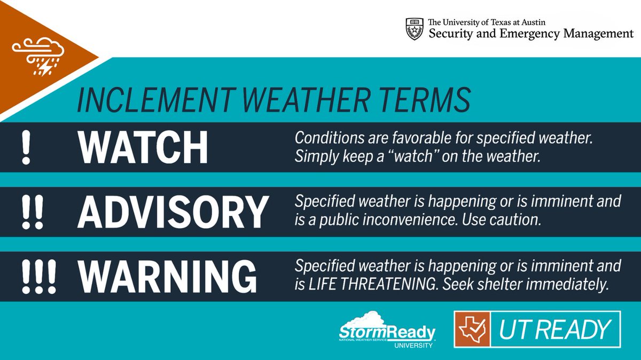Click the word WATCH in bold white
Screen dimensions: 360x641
click(x=143, y=147)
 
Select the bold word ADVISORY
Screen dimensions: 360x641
click(x=173, y=212)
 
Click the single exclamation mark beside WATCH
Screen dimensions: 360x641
click(x=25, y=147)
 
